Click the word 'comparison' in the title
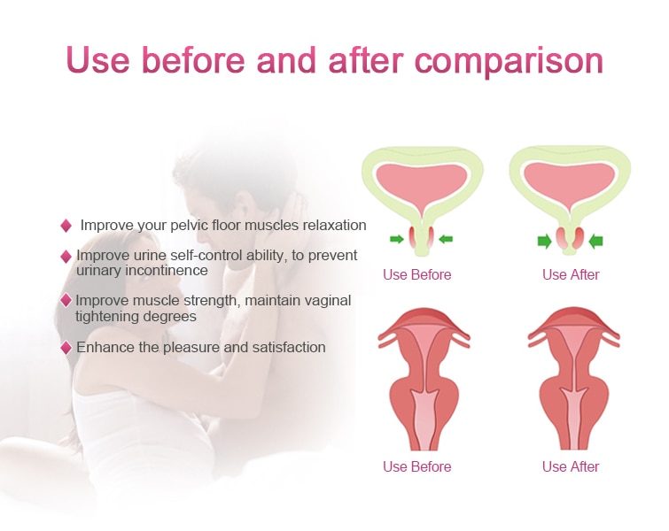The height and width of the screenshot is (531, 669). pos(509,62)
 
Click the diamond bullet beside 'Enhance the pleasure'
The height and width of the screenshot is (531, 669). pos(66,348)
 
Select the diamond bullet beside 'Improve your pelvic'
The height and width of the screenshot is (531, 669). pos(66,226)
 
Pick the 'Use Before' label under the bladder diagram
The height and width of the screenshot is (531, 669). pos(416,274)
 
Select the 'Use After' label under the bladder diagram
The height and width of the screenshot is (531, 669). pos(571,274)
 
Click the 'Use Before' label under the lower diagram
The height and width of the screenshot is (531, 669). pos(416,466)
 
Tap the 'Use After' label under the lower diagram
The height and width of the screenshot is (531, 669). pos(571,466)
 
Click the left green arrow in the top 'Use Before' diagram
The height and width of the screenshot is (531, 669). pos(397,239)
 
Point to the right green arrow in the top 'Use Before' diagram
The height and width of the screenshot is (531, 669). pos(446,239)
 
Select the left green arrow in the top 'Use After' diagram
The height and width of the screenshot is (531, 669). pos(544,242)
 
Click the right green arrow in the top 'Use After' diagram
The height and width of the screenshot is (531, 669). pos(595,242)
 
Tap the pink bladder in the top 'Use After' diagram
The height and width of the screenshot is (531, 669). pos(570,181)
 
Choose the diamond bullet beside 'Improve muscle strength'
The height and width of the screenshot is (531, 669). pos(66,300)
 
